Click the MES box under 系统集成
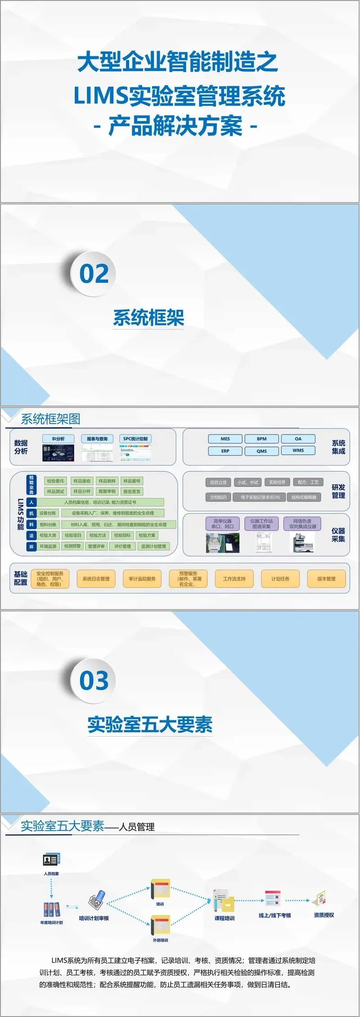225,439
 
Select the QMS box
261,451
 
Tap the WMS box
298,451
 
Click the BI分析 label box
58,439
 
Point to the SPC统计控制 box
135,439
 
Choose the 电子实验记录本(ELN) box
260,497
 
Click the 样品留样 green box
132,481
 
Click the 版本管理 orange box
326,579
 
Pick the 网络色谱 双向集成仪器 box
302,524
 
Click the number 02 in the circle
94,274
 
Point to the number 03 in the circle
94,680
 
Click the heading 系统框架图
51,420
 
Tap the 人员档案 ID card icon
51,860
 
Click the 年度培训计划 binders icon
51,910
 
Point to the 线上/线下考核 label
274,915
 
